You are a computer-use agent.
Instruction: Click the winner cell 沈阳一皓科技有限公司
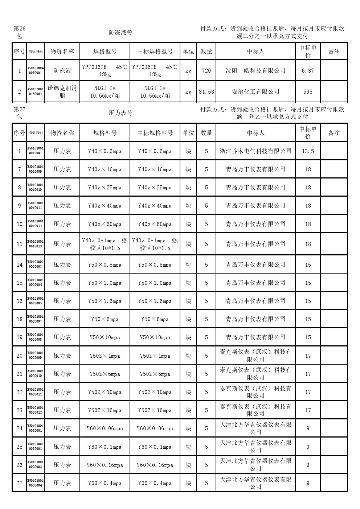pos(255,71)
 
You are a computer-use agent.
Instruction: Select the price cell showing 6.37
pos(308,71)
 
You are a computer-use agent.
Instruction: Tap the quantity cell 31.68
pos(206,92)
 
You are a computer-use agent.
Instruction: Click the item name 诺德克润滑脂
pos(62,92)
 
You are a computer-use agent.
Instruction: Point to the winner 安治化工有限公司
pos(255,92)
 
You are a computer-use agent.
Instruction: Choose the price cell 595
pos(308,92)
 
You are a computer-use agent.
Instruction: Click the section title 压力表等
pos(120,113)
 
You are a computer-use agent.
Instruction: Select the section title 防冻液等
pos(120,33)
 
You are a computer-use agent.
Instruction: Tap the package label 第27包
pos(19,113)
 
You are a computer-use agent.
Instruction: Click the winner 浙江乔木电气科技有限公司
pos(255,151)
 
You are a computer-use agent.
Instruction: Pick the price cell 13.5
pos(308,151)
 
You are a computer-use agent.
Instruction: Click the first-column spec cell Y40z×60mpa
pos(105,224)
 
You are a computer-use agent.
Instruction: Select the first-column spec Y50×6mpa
pos(105,319)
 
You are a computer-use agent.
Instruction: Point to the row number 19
pos(20,337)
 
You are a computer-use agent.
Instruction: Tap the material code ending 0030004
pos(36,483)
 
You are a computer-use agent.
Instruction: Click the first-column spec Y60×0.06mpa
pos(105,428)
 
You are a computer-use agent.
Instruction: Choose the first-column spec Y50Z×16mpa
pos(105,410)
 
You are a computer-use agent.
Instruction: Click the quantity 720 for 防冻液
pos(206,71)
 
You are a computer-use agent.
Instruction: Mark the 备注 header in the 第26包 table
pos(334,52)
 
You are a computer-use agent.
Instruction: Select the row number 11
pos(20,244)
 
